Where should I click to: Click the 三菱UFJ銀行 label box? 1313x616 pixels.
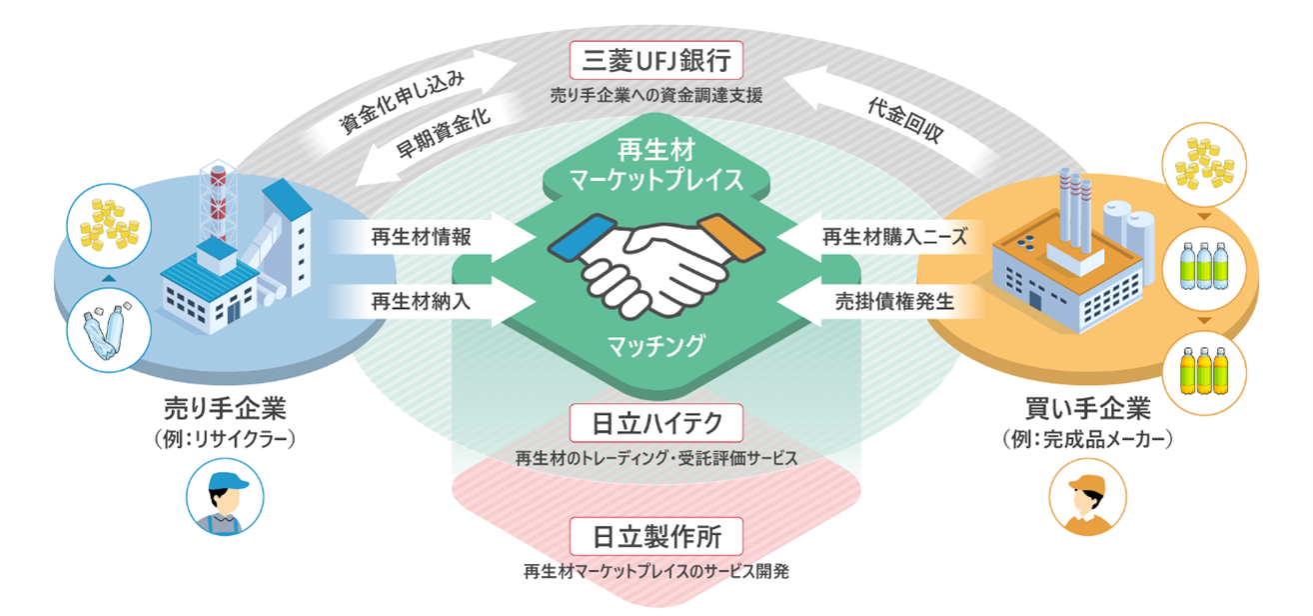click(x=656, y=62)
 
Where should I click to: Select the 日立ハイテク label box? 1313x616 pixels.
click(x=656, y=423)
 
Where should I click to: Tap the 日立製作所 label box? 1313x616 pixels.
click(x=656, y=537)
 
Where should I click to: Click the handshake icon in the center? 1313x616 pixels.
click(x=656, y=263)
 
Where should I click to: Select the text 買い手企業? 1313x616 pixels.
click(x=1084, y=410)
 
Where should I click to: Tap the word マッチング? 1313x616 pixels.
click(x=656, y=346)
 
